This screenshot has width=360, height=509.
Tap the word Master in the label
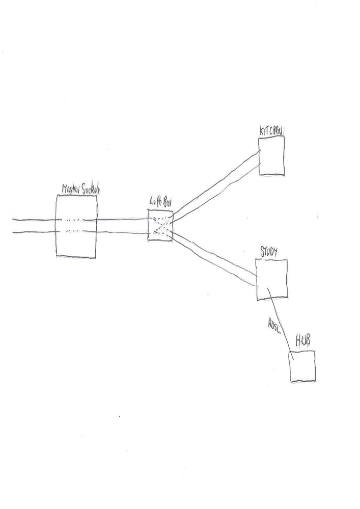[68, 189]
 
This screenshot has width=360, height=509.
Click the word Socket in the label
[90, 189]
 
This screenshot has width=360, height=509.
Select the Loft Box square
[160, 225]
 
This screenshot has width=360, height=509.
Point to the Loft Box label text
[160, 202]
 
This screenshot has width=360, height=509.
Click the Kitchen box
[271, 155]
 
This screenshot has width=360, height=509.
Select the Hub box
[302, 366]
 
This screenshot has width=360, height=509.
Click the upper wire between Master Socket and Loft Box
[122, 220]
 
